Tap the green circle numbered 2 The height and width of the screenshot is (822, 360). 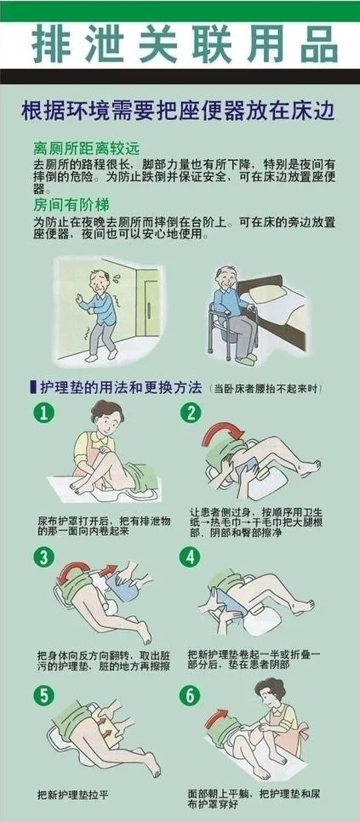click(191, 414)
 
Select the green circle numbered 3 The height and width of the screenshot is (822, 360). click(44, 557)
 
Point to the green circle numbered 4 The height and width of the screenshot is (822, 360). click(190, 557)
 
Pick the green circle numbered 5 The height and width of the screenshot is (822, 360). click(44, 696)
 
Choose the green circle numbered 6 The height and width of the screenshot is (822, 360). click(190, 696)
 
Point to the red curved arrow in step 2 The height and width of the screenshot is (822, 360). click(223, 433)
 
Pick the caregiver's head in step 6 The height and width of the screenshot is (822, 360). click(269, 693)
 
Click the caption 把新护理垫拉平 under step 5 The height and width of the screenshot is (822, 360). click(73, 795)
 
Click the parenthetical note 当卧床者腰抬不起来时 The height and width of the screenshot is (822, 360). click(266, 390)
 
